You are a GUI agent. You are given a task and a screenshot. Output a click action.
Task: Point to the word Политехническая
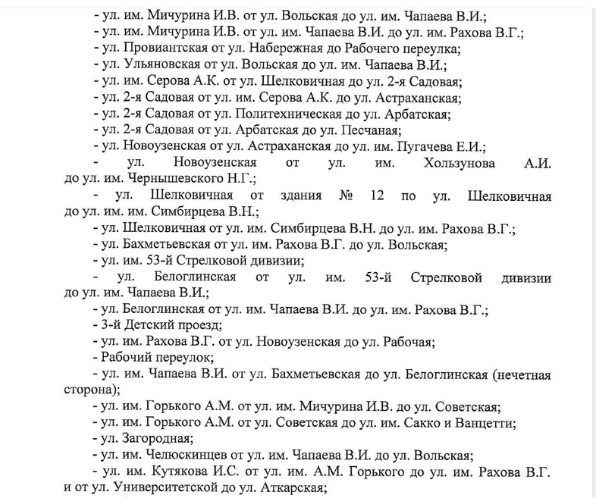tap(303, 115)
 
